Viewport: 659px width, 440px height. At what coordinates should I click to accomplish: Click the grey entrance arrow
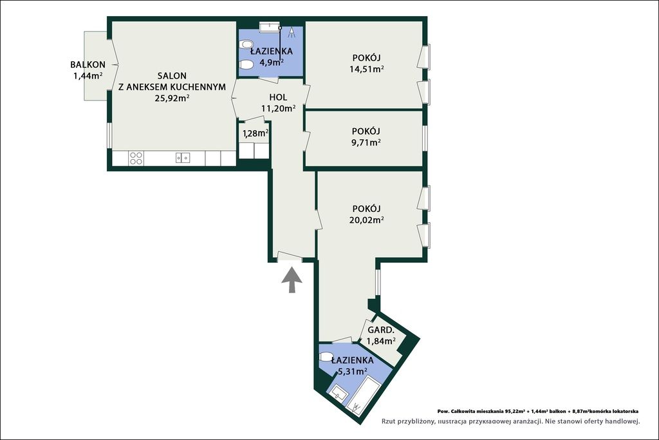(292, 280)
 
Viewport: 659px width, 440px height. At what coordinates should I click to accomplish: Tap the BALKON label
(88, 65)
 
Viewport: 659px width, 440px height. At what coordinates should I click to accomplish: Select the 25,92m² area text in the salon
(172, 98)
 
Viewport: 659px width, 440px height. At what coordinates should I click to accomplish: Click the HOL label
(278, 97)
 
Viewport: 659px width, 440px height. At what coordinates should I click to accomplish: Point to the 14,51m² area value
(366, 69)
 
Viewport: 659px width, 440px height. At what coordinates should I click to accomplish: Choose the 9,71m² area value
(366, 142)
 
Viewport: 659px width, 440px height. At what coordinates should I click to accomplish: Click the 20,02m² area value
(366, 220)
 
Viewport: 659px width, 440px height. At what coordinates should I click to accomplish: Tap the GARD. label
(380, 330)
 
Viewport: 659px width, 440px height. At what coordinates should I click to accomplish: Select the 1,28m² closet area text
(255, 133)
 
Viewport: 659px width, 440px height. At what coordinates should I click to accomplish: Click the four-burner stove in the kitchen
(136, 158)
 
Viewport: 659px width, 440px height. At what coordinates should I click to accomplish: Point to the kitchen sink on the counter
(183, 158)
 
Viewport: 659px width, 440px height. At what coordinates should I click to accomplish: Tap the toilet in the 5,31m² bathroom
(326, 357)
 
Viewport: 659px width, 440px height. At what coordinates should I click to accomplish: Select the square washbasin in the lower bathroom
(338, 394)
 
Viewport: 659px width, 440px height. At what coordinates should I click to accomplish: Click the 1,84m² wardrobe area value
(381, 341)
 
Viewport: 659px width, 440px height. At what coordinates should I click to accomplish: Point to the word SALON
(172, 76)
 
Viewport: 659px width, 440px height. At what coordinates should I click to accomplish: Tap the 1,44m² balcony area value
(88, 76)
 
